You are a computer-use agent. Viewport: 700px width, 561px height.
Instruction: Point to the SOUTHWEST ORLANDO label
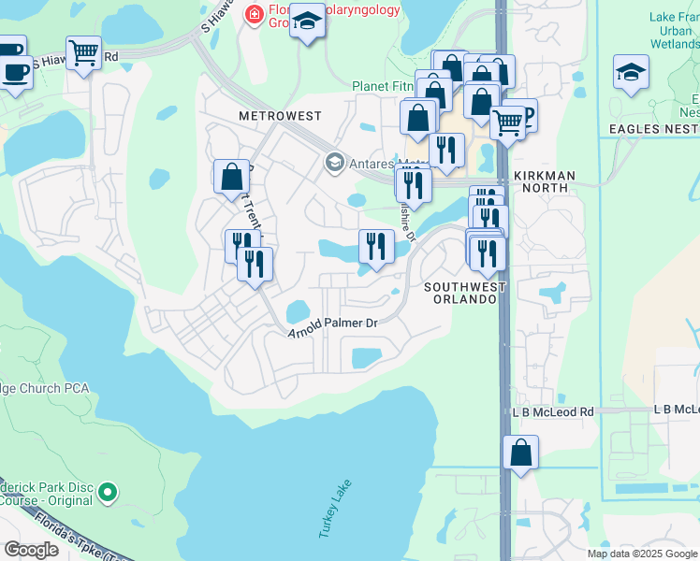point(465,294)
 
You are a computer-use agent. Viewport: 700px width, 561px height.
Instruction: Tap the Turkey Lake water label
point(334,515)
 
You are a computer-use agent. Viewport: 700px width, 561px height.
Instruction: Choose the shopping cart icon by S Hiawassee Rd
point(84,52)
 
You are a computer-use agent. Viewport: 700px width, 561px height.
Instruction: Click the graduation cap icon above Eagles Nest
point(632,71)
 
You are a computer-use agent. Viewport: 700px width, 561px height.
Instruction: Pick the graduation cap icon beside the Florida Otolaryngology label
point(306,21)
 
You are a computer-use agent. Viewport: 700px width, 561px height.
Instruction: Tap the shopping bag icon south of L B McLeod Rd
point(520,453)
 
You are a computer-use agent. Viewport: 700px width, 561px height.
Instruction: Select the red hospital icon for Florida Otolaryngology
point(253,14)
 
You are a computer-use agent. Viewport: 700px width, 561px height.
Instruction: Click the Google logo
point(30,549)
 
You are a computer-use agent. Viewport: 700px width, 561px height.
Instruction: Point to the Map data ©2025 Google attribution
point(642,554)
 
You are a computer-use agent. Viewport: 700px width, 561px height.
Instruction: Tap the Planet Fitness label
point(383,86)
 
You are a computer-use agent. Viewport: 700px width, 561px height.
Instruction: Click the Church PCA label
point(44,387)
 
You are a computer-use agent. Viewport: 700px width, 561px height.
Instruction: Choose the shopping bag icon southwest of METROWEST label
point(231,176)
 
